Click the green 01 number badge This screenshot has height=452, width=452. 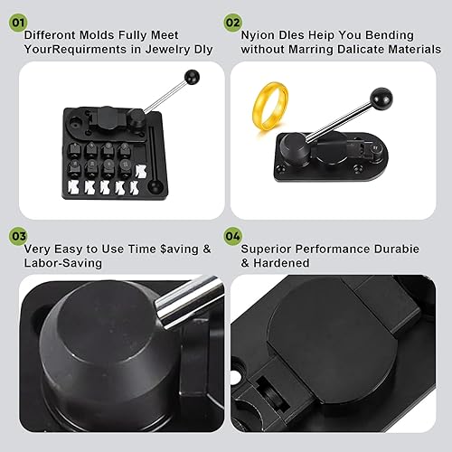[x=18, y=23]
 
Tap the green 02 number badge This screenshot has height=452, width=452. [x=233, y=23]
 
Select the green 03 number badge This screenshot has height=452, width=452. [x=18, y=236]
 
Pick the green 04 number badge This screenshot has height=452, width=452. [x=233, y=236]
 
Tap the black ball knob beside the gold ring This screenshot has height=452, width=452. [x=381, y=99]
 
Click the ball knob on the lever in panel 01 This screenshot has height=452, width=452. [x=192, y=78]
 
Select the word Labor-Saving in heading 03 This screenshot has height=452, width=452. [x=63, y=263]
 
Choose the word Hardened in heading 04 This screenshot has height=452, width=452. [x=281, y=263]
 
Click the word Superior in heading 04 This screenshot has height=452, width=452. [x=266, y=250]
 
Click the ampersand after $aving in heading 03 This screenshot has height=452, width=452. [x=207, y=250]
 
